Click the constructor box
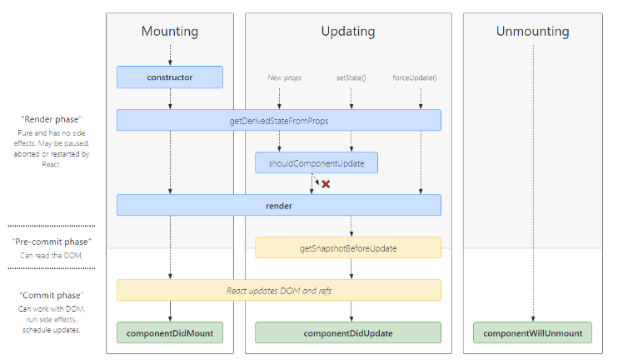pos(170,77)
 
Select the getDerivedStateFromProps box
pos(279,120)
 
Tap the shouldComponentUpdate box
pos(316,162)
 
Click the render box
pos(279,205)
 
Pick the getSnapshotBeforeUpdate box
pos(348,247)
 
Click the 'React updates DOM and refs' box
pos(279,290)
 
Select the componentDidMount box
pos(170,332)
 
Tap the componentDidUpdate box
pos(348,332)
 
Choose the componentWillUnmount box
pos(532,332)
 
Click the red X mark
pos(326,184)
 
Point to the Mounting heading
pos(170,32)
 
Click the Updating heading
pos(348,32)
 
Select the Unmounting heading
pos(532,32)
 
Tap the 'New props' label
pos(285,77)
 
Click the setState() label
pos(351,77)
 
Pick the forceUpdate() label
pos(415,77)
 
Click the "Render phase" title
pos(52,119)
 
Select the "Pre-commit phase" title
pos(52,242)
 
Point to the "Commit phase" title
pos(52,295)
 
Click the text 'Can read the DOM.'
pos(52,256)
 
